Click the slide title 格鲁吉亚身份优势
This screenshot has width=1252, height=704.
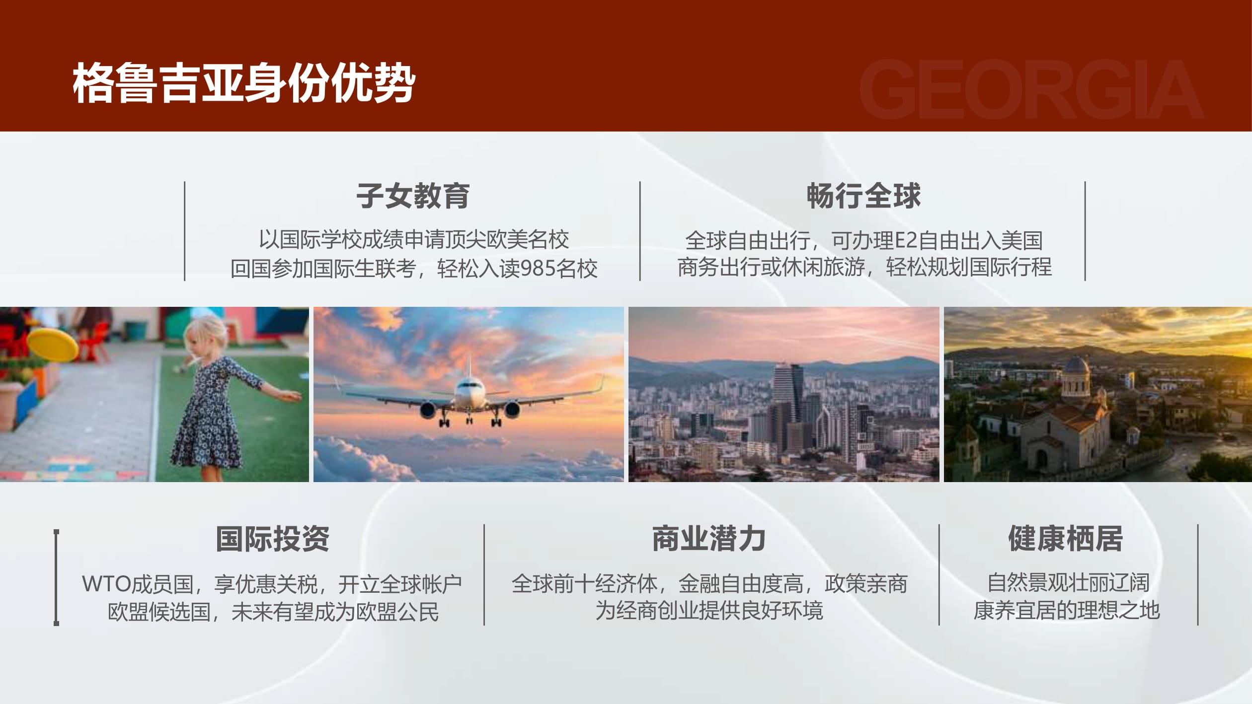pyautogui.click(x=243, y=83)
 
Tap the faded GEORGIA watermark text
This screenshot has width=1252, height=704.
pyautogui.click(x=1031, y=89)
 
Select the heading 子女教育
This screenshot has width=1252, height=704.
pyautogui.click(x=413, y=196)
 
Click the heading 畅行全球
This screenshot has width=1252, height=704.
pyautogui.click(x=863, y=196)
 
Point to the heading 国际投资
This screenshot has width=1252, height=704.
pyautogui.click(x=272, y=539)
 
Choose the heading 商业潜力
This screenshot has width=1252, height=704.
pyautogui.click(x=709, y=539)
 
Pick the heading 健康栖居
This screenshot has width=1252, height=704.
pyautogui.click(x=1066, y=539)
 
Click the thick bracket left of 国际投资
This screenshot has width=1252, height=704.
pyautogui.click(x=56, y=577)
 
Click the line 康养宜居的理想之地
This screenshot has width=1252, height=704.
pyautogui.click(x=1066, y=611)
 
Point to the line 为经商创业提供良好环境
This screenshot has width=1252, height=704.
pyautogui.click(x=709, y=611)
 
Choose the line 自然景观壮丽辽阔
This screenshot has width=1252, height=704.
pyautogui.click(x=1068, y=583)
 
